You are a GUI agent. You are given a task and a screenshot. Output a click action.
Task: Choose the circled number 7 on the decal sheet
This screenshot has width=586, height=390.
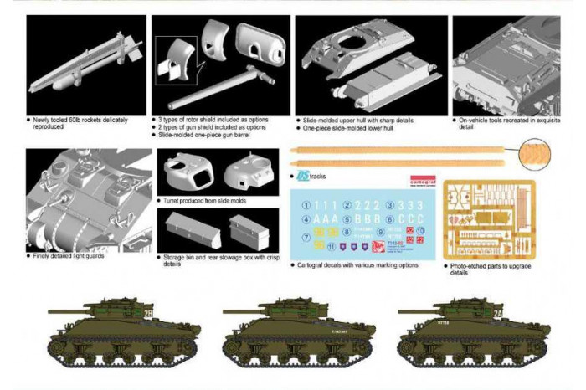[306, 238]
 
